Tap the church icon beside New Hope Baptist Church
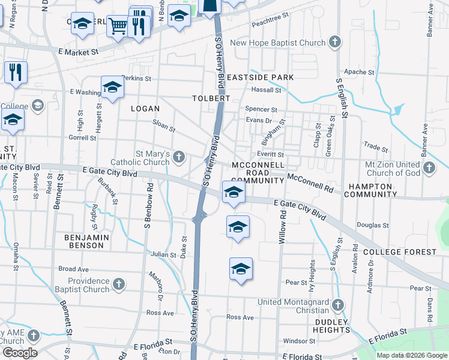tap(335, 43)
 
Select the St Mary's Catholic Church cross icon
tap(178, 157)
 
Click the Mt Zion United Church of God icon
tap(429, 168)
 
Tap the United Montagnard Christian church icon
tap(338, 305)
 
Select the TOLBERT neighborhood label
tap(211, 98)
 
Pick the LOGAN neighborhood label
tap(145, 109)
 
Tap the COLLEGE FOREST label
tap(399, 251)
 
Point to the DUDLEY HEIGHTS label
tap(331, 325)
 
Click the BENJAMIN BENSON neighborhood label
tap(86, 242)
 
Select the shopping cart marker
tap(118, 25)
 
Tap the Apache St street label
tap(359, 72)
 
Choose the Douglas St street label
tap(373, 226)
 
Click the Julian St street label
tap(164, 254)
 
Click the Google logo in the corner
tap(20, 352)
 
